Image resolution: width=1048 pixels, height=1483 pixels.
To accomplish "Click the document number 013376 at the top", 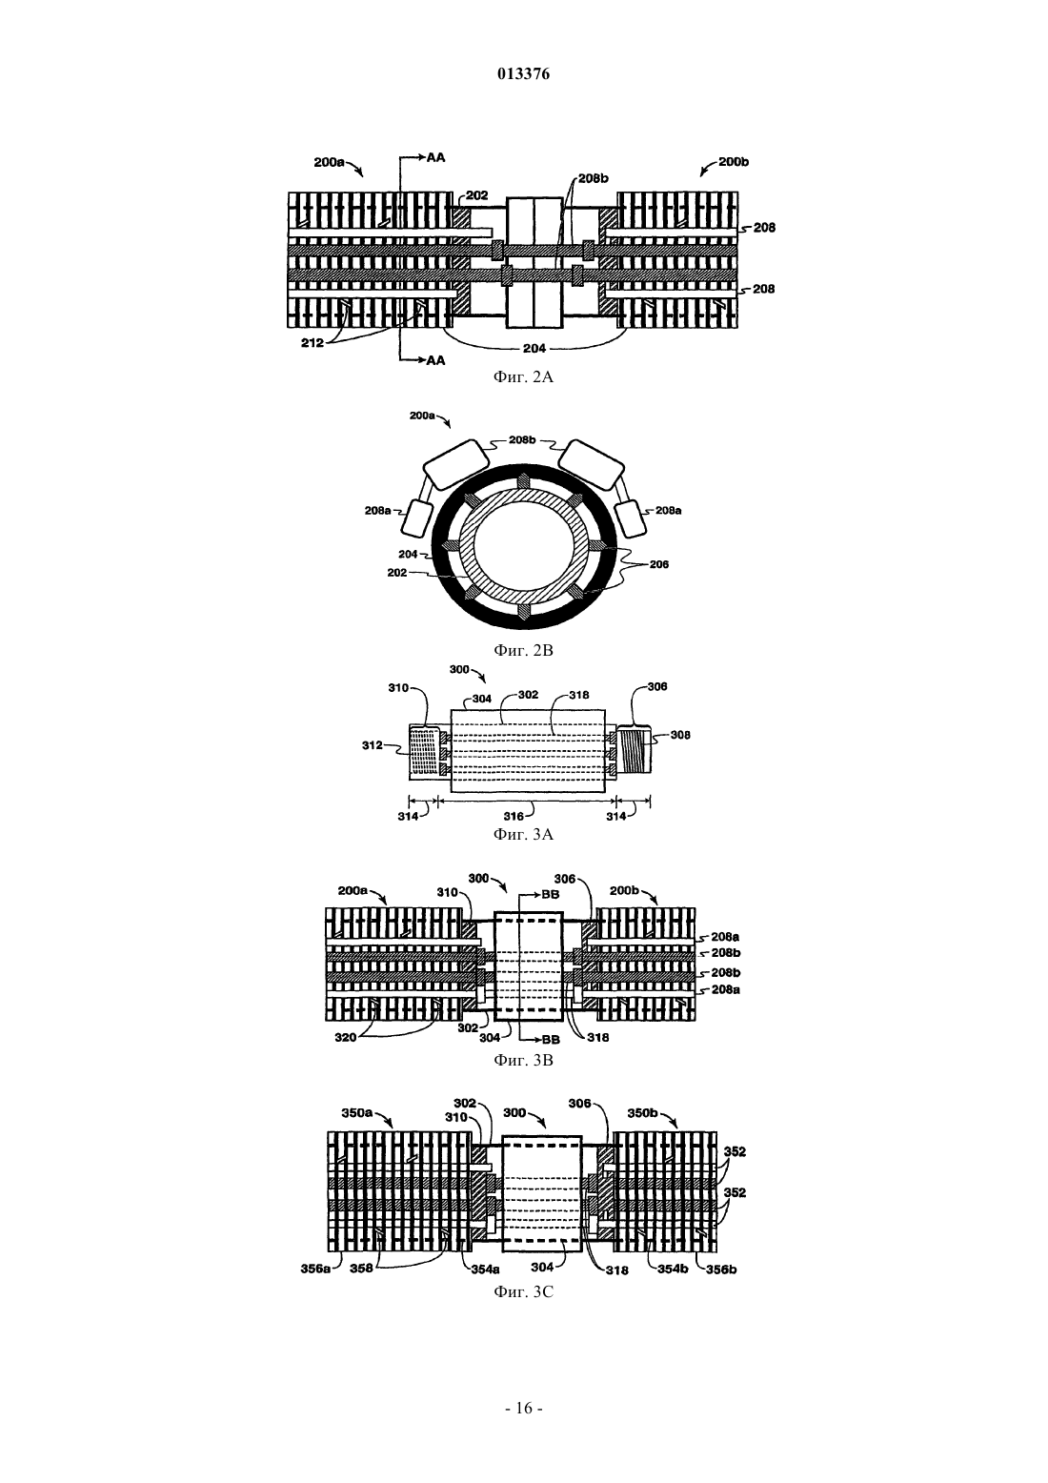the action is coord(523,74).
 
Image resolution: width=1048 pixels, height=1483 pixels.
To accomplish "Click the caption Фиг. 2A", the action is coord(523,377).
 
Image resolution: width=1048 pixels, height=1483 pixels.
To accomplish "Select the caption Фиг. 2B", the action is coord(523,650).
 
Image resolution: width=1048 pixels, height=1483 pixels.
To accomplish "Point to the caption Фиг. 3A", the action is coord(523,834).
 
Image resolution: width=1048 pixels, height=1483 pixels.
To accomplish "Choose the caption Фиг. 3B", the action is coord(523,1060).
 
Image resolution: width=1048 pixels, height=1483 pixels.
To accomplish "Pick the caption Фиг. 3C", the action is coord(523,1291).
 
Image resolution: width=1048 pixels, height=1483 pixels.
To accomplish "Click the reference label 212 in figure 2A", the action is coord(312,343).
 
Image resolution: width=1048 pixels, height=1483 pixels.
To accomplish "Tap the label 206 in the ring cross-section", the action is coord(659,564).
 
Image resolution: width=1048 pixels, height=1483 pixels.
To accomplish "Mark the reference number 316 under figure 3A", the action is coord(514,816).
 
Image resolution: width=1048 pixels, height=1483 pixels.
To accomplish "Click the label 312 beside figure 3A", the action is coord(372,745).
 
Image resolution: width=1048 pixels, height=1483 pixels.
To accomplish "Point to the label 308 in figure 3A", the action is coord(680,735).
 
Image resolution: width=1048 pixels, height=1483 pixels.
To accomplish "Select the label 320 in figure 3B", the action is coord(345,1038).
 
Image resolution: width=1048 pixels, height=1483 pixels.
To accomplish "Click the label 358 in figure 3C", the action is coord(361,1269).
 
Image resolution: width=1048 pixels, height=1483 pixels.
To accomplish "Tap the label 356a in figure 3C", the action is coord(315,1269).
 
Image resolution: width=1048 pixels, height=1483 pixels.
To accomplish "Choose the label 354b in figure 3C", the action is coord(673,1269).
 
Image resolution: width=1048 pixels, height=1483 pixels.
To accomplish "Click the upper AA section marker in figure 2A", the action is coord(436,157).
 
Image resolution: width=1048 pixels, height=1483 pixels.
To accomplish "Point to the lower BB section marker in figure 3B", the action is coord(551,1040).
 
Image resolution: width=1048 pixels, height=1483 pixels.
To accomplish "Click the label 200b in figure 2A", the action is coord(734,162).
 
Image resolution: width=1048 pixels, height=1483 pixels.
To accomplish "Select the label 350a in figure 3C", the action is coord(357,1113).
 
